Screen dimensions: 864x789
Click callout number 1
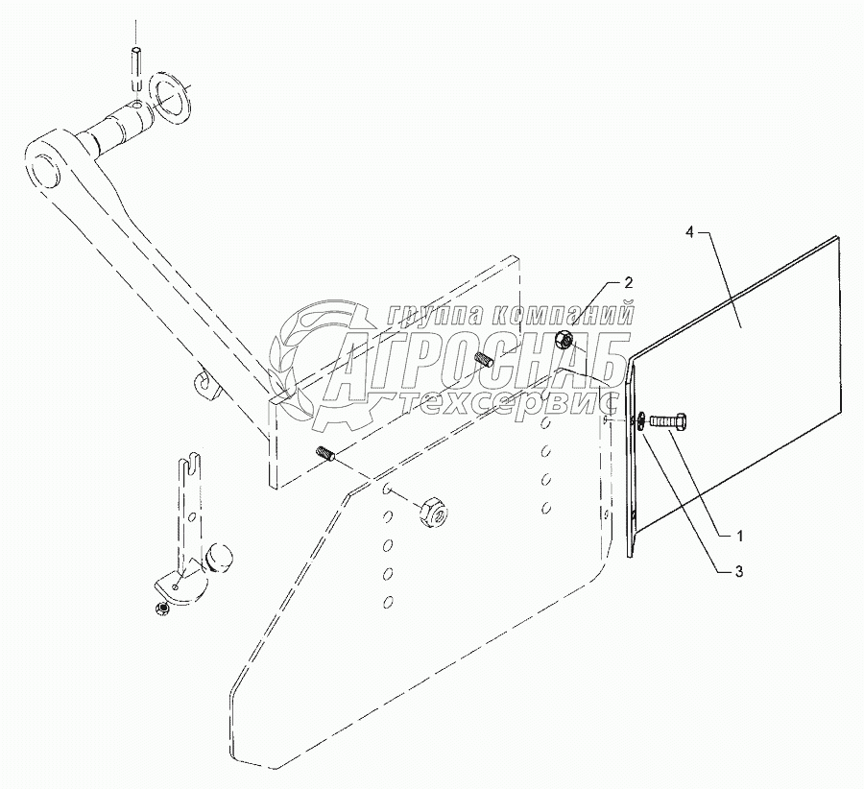(739, 534)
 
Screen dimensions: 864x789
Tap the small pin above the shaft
(137, 66)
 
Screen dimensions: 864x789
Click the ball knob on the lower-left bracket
(220, 558)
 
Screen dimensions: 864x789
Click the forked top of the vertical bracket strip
(188, 467)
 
